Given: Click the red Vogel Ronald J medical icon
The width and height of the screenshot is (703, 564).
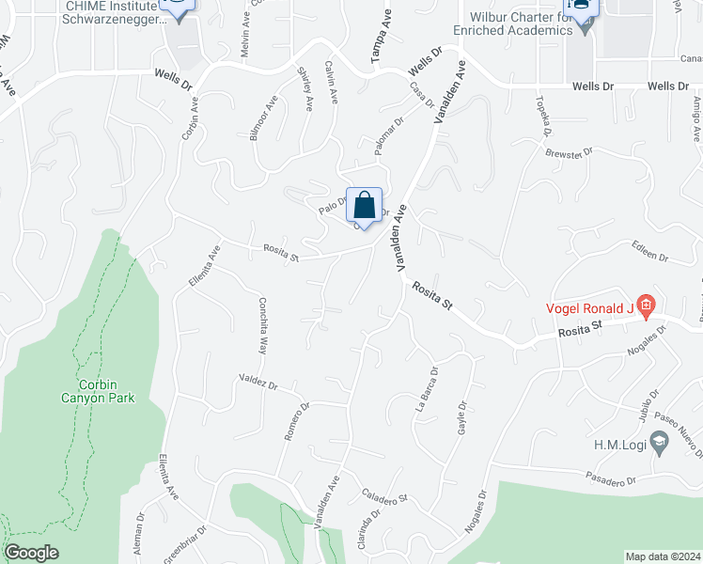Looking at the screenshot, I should click(x=645, y=304).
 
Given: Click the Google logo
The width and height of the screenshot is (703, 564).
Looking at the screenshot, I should click(x=31, y=553).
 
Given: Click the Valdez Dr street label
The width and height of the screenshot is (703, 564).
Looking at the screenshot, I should click(x=258, y=384).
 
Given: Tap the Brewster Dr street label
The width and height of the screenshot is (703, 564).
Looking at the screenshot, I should click(x=570, y=151).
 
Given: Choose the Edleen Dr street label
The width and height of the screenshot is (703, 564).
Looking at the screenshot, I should click(x=649, y=256).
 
